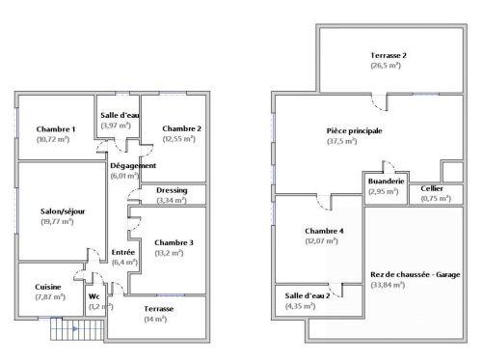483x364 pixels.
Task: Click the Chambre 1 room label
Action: (56, 129)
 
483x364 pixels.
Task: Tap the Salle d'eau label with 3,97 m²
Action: (121, 115)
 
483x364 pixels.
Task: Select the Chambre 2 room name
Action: (181, 129)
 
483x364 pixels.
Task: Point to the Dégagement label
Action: (133, 165)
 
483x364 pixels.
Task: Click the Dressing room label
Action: (172, 190)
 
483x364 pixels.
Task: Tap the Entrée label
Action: (123, 252)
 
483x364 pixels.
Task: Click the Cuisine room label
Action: (49, 287)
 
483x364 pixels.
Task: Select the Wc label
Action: (94, 296)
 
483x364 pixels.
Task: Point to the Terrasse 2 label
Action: (389, 56)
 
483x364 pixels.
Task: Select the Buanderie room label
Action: (384, 181)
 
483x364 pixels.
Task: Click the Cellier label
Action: (431, 188)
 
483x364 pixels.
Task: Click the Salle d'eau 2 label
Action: (308, 295)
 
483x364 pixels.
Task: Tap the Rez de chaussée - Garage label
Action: (416, 275)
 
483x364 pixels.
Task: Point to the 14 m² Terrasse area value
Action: (154, 319)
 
